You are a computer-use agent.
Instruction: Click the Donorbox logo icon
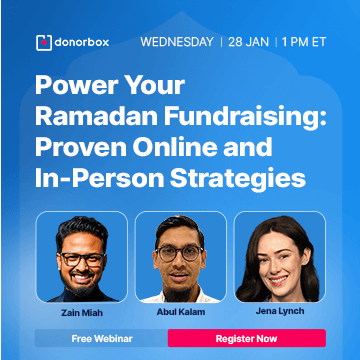coord(43,43)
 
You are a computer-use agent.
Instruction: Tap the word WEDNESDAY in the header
coord(177,43)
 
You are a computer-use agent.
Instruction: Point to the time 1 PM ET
coord(309,43)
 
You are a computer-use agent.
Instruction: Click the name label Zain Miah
coord(80,309)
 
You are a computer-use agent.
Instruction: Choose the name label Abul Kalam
coord(180,309)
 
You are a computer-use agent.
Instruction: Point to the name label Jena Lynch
coord(280,309)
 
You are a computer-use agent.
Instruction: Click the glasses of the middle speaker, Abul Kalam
coord(180,252)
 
